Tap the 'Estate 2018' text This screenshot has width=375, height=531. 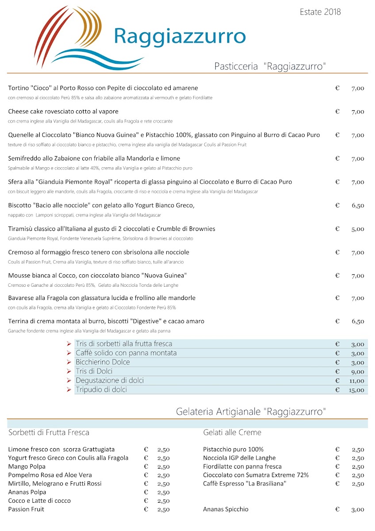pyautogui.click(x=320, y=12)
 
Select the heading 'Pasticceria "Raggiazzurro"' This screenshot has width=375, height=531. pyautogui.click(x=270, y=67)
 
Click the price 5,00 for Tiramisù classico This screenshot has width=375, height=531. pyautogui.click(x=358, y=229)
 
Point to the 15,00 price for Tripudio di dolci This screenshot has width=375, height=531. pyautogui.click(x=357, y=390)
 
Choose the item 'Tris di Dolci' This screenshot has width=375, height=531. pyautogui.click(x=94, y=371)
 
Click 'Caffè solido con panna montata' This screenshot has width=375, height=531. pyautogui.click(x=126, y=353)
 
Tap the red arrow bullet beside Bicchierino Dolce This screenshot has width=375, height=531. pyautogui.click(x=69, y=362)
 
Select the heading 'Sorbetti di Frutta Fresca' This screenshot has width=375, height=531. pyautogui.click(x=49, y=432)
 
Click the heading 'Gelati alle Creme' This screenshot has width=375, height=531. pyautogui.click(x=232, y=432)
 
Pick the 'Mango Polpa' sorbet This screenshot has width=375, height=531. pyautogui.click(x=27, y=466)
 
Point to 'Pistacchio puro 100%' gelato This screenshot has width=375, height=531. pyautogui.click(x=233, y=449)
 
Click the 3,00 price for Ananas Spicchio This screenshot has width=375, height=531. pyautogui.click(x=358, y=510)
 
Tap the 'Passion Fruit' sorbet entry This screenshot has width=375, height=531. pyautogui.click(x=26, y=509)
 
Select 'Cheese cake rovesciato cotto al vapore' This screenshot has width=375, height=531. pyautogui.click(x=63, y=112)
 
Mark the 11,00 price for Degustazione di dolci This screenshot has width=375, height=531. pyautogui.click(x=357, y=381)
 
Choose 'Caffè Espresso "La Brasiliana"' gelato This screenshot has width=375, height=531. pyautogui.click(x=245, y=484)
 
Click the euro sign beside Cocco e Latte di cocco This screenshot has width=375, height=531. pyautogui.click(x=146, y=501)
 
